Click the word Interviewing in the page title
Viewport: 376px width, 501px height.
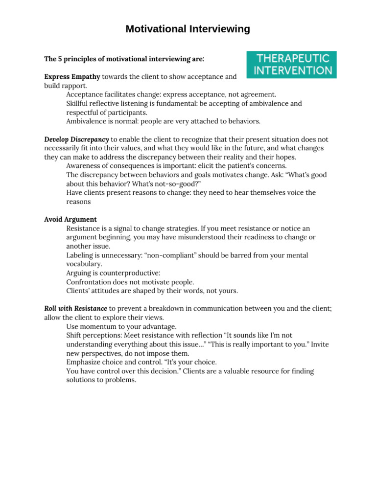point(218,29)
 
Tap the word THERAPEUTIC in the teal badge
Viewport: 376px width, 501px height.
point(291,58)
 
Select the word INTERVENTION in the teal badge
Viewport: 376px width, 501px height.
point(291,70)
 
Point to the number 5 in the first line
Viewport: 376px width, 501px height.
point(60,59)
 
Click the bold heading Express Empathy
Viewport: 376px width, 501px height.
point(72,77)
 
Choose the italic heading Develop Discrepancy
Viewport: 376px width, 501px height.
point(76,139)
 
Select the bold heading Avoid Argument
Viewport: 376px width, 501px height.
point(70,220)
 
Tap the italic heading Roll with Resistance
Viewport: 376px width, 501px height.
point(75,308)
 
